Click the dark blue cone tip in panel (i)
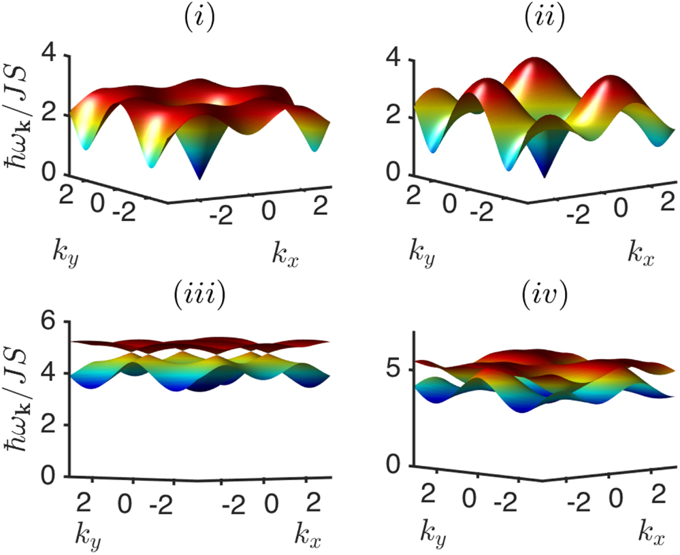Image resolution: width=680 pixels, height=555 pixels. [x=199, y=178]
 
